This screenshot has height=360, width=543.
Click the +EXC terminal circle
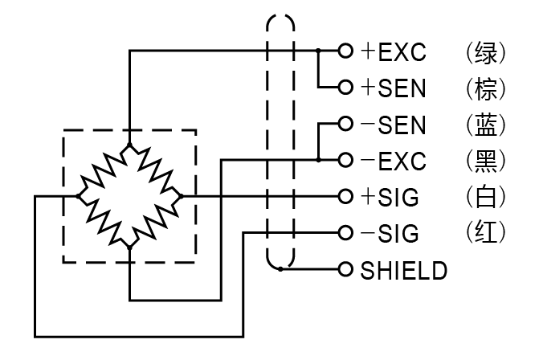click(x=345, y=51)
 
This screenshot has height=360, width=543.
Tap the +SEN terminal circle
click(x=345, y=87)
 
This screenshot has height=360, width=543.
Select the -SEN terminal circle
click(x=345, y=124)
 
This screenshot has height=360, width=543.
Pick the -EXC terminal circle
click(x=345, y=160)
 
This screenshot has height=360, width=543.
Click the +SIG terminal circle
click(x=345, y=196)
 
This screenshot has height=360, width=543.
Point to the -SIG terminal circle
click(x=345, y=232)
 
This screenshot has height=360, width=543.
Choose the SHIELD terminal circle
click(x=345, y=269)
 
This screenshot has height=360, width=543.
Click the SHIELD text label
click(x=403, y=271)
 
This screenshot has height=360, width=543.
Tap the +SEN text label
click(x=393, y=88)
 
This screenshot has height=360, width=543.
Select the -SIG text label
click(x=390, y=234)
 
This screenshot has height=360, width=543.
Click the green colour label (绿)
click(x=486, y=53)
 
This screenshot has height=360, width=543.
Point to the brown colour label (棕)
click(x=486, y=89)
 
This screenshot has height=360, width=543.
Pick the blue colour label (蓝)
click(x=486, y=125)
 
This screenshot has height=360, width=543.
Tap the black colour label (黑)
click(x=486, y=162)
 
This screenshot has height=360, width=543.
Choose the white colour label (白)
click(x=486, y=197)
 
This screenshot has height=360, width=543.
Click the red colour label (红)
click(x=486, y=232)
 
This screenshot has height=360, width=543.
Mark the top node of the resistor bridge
click(x=129, y=145)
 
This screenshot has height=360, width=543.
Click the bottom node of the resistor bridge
click(x=129, y=247)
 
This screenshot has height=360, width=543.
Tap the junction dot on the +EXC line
click(x=318, y=51)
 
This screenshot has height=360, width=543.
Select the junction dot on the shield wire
click(x=280, y=269)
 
